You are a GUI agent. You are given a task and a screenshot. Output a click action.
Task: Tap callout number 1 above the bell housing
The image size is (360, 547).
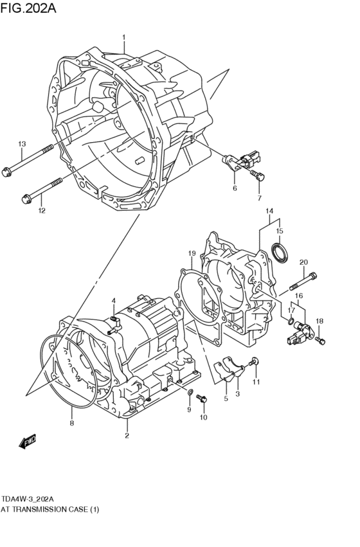pyautogui.click(x=124, y=37)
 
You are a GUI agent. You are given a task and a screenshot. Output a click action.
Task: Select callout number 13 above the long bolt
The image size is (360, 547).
pyautogui.click(x=22, y=143)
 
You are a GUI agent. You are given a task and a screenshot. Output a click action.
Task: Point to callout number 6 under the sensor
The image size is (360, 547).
pyautogui.click(x=235, y=188)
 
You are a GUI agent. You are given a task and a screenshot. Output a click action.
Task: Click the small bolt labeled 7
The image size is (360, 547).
pyautogui.click(x=256, y=174)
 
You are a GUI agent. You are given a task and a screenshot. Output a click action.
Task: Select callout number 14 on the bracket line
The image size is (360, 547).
pyautogui.click(x=269, y=211)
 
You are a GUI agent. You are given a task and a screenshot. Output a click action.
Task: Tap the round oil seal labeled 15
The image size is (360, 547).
pyautogui.click(x=280, y=253)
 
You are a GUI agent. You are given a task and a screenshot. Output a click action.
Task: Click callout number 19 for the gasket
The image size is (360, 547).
pyautogui.click(x=192, y=253)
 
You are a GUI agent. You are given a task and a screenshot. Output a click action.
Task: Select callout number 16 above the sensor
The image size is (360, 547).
pyautogui.click(x=298, y=296)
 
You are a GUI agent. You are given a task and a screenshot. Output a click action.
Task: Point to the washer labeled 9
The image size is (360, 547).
pyautogui.click(x=190, y=391)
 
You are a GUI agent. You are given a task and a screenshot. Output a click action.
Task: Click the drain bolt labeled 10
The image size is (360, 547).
pyautogui.click(x=203, y=400)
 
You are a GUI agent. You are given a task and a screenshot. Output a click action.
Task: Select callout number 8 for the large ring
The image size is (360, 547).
pyautogui.click(x=72, y=423)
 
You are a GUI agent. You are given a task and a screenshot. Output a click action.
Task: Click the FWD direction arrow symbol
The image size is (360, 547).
pyautogui.click(x=28, y=442)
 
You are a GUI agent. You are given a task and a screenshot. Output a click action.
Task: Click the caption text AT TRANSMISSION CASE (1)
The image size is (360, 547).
pyautogui.click(x=50, y=509)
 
